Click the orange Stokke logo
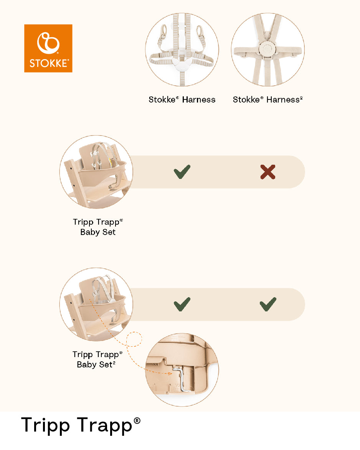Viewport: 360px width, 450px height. click(x=48, y=48)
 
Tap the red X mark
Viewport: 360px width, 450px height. click(x=268, y=172)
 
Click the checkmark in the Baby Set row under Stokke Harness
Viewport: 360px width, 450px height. click(x=182, y=172)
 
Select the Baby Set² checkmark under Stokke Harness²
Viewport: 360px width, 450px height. click(x=268, y=304)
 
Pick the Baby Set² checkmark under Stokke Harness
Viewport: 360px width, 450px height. click(x=182, y=304)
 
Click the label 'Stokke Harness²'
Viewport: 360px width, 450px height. click(x=268, y=99)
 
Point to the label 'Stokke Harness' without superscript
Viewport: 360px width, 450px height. click(x=182, y=99)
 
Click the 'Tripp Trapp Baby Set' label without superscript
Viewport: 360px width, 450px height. click(x=98, y=227)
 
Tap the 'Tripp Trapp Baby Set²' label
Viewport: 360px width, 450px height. click(x=97, y=359)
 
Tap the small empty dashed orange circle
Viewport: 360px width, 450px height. click(x=134, y=339)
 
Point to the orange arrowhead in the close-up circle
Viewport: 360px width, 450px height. click(x=170, y=373)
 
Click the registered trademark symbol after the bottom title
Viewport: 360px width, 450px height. click(x=137, y=421)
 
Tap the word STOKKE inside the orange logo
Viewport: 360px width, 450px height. click(x=49, y=63)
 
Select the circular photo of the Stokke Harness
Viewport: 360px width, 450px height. click(x=182, y=50)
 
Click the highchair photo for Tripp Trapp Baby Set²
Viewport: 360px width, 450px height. click(x=96, y=304)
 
